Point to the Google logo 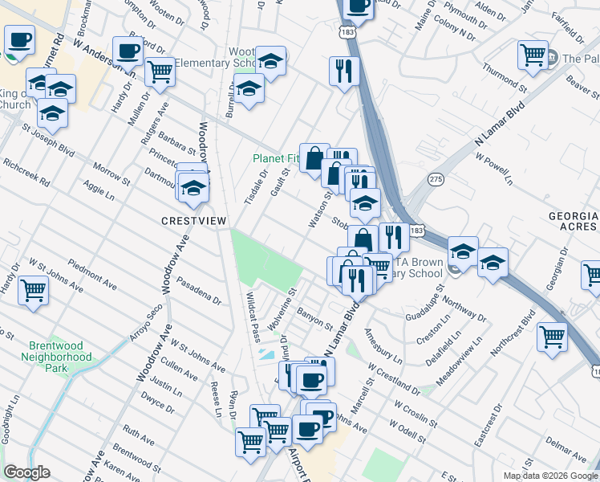coord(27,472)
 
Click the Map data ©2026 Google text coord(551,476)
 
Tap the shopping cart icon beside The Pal coord(532,55)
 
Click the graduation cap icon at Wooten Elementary coord(270,60)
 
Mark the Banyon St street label coord(314,319)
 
